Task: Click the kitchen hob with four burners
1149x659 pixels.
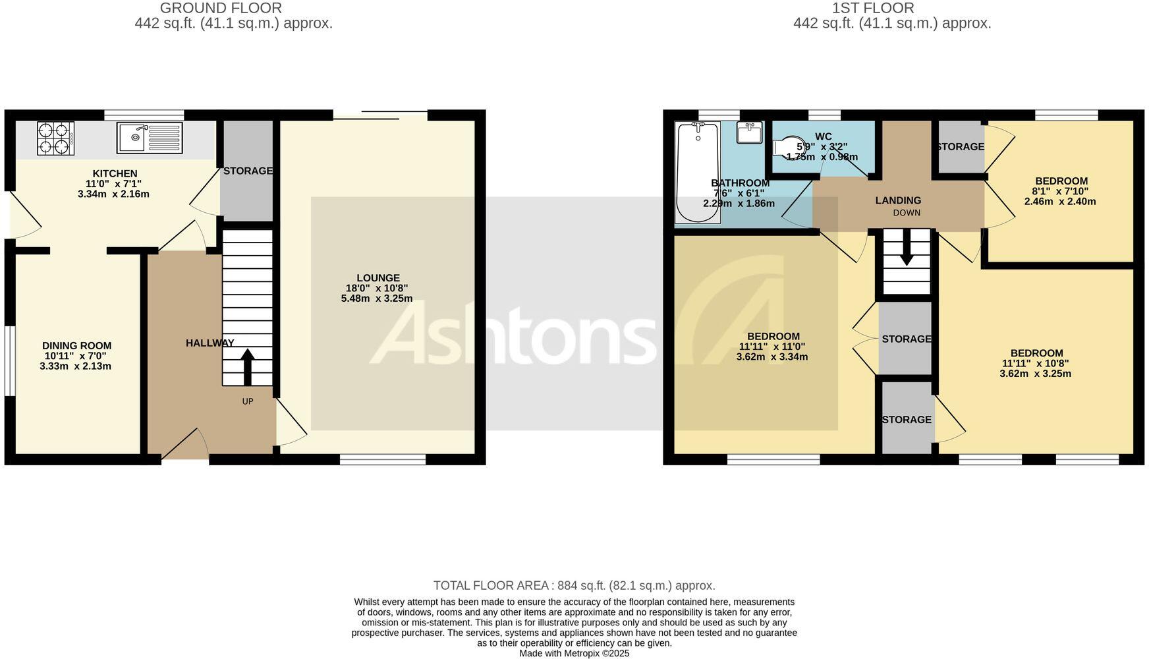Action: pos(56,138)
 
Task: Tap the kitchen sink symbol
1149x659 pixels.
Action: pos(150,138)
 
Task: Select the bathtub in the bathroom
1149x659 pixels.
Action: pos(698,173)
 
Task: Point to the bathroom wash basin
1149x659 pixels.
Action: pos(750,132)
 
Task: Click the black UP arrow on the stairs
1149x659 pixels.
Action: pos(248,367)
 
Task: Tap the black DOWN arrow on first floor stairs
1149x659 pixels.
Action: pos(907,248)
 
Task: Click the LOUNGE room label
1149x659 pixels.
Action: pos(378,278)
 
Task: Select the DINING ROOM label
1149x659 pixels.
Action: pos(76,345)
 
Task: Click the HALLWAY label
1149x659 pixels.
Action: pos(210,343)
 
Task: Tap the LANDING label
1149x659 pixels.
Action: pos(898,200)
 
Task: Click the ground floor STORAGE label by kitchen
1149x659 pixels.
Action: pos(248,171)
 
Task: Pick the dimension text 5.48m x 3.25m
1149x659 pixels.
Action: pos(377,299)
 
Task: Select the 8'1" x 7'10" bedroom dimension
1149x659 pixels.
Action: pos(1061,191)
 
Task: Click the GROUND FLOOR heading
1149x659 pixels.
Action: pos(221,8)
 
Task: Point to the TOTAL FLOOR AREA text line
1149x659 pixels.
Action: pos(574,585)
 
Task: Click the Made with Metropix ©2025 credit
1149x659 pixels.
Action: pos(574,653)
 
